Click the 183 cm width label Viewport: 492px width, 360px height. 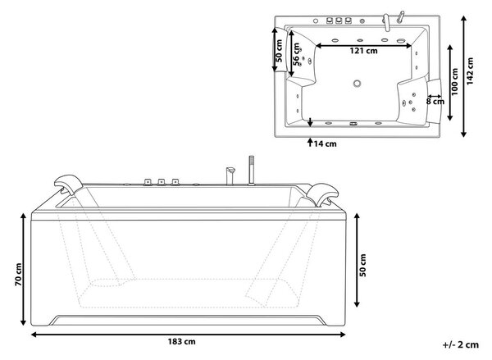[182, 341]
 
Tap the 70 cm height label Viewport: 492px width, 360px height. [19, 275]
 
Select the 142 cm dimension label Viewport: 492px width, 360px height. [470, 71]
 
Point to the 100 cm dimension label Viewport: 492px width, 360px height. [454, 82]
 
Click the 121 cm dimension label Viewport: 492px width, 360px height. [363, 51]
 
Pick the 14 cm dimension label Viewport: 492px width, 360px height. [325, 144]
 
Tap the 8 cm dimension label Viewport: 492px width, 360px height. [435, 102]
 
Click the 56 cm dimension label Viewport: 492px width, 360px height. [296, 54]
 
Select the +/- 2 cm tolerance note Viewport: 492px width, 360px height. [461, 344]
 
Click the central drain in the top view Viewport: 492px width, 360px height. [357, 84]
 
